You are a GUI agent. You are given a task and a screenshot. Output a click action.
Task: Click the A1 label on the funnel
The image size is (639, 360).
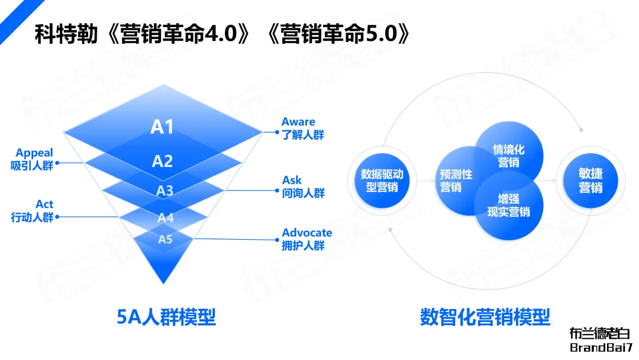pos(162,127)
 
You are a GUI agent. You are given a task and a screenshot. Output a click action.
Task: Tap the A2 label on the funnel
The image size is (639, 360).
pos(162,161)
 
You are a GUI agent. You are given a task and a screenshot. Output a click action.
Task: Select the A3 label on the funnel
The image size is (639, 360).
pos(164,191)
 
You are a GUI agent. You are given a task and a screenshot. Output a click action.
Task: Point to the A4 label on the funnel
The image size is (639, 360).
pos(166,218)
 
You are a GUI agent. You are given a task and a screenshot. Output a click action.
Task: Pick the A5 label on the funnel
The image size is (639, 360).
pos(165,239)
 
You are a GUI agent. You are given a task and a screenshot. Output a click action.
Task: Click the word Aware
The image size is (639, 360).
pos(298,122)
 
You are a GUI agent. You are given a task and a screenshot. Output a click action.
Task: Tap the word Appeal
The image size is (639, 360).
pos(34,153)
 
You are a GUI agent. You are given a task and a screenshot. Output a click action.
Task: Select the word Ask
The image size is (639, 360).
pos(292,180)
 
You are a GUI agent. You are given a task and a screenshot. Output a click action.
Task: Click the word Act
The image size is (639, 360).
pos(44,205)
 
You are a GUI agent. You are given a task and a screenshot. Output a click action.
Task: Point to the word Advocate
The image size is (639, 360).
pos(306,233)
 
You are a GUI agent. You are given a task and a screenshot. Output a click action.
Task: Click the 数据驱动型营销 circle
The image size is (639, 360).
pos(382,181)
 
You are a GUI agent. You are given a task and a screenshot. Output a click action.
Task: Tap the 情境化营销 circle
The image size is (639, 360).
pos(509,156)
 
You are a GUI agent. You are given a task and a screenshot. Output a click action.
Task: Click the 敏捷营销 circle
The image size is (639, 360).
pos(590,181)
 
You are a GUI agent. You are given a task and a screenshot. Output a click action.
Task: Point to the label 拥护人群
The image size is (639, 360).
pos(303,246)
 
